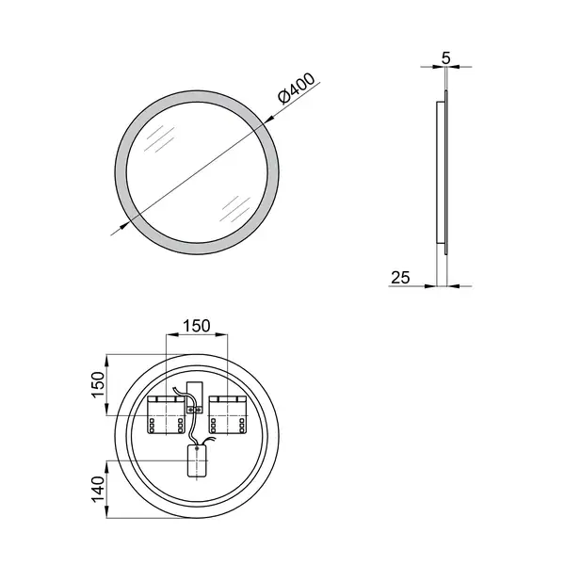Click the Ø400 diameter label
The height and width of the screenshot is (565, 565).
[297, 89]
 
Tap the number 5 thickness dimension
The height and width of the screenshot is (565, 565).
[446, 58]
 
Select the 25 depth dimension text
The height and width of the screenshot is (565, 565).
[400, 278]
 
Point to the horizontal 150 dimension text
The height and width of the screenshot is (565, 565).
[197, 326]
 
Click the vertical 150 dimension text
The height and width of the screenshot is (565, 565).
[98, 384]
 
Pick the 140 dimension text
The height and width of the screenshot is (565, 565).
[98, 489]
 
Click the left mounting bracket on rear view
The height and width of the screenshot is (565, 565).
[166, 414]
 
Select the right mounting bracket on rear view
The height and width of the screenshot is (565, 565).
[227, 414]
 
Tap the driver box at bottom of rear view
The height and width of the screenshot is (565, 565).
[197, 461]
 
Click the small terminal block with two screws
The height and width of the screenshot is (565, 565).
[195, 410]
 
